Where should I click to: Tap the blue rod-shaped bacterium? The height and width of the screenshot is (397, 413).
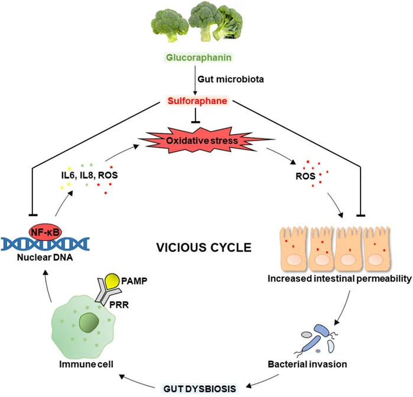pyautogui.click(x=323, y=338)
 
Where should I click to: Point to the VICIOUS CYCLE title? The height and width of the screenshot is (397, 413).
pyautogui.click(x=192, y=246)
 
